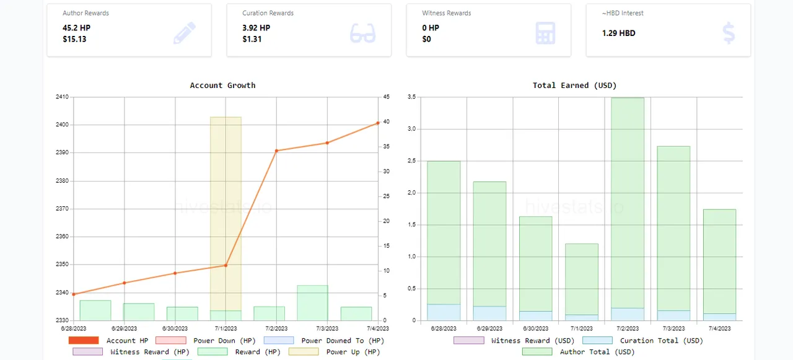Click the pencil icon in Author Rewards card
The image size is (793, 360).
185,33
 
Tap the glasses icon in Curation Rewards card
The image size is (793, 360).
362,33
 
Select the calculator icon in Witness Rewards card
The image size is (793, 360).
545,33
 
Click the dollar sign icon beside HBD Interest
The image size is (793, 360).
729,33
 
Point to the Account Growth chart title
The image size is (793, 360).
222,86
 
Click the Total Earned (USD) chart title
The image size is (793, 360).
574,86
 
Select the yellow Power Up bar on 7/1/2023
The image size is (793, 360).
226,211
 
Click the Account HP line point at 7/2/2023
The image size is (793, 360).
276,151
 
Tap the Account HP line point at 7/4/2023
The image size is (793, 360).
377,123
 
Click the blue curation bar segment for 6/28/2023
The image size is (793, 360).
444,312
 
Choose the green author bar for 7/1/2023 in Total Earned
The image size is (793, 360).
582,279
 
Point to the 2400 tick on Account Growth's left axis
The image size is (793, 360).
63,125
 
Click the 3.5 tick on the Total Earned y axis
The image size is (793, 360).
411,97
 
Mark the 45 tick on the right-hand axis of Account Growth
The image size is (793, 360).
386,97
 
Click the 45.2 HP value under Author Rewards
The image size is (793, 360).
76,28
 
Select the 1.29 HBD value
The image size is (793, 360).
618,33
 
